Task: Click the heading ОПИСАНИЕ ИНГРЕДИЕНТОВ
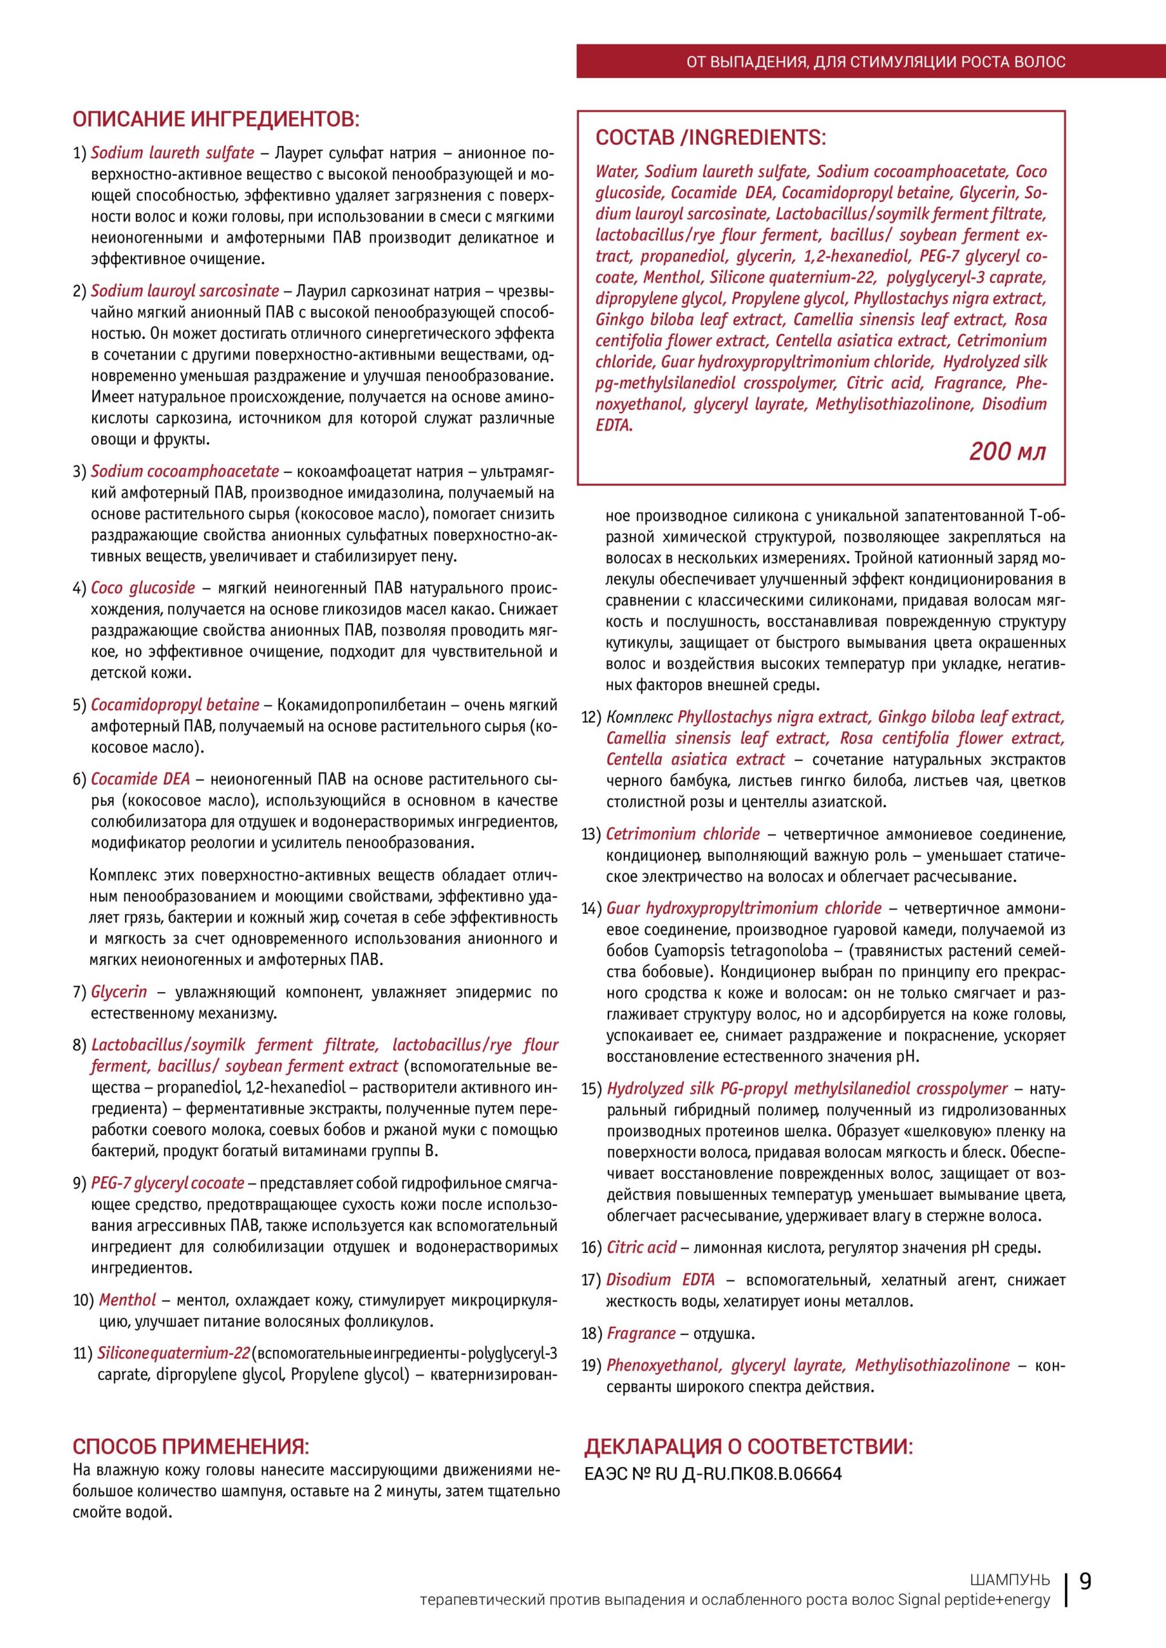pyautogui.click(x=216, y=118)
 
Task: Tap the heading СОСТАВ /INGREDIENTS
pyautogui.click(x=711, y=138)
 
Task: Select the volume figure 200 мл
pyautogui.click(x=1008, y=451)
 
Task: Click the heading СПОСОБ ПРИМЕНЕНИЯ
pyautogui.click(x=191, y=1446)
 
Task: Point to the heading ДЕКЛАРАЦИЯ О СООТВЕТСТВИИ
pyautogui.click(x=749, y=1447)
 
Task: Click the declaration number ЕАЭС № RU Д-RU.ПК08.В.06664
pyautogui.click(x=713, y=1474)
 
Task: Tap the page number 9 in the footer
pyautogui.click(x=1086, y=1581)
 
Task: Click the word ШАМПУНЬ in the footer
pyautogui.click(x=1010, y=1580)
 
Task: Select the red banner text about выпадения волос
pyautogui.click(x=876, y=62)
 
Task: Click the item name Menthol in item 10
pyautogui.click(x=127, y=1300)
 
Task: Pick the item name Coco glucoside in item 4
pyautogui.click(x=143, y=588)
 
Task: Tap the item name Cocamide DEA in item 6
pyautogui.click(x=140, y=779)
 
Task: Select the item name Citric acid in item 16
pyautogui.click(x=641, y=1248)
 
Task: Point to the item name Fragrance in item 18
pyautogui.click(x=641, y=1334)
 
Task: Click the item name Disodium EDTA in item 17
pyautogui.click(x=661, y=1280)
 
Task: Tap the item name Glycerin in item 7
pyautogui.click(x=118, y=992)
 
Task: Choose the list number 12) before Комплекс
pyautogui.click(x=590, y=718)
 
